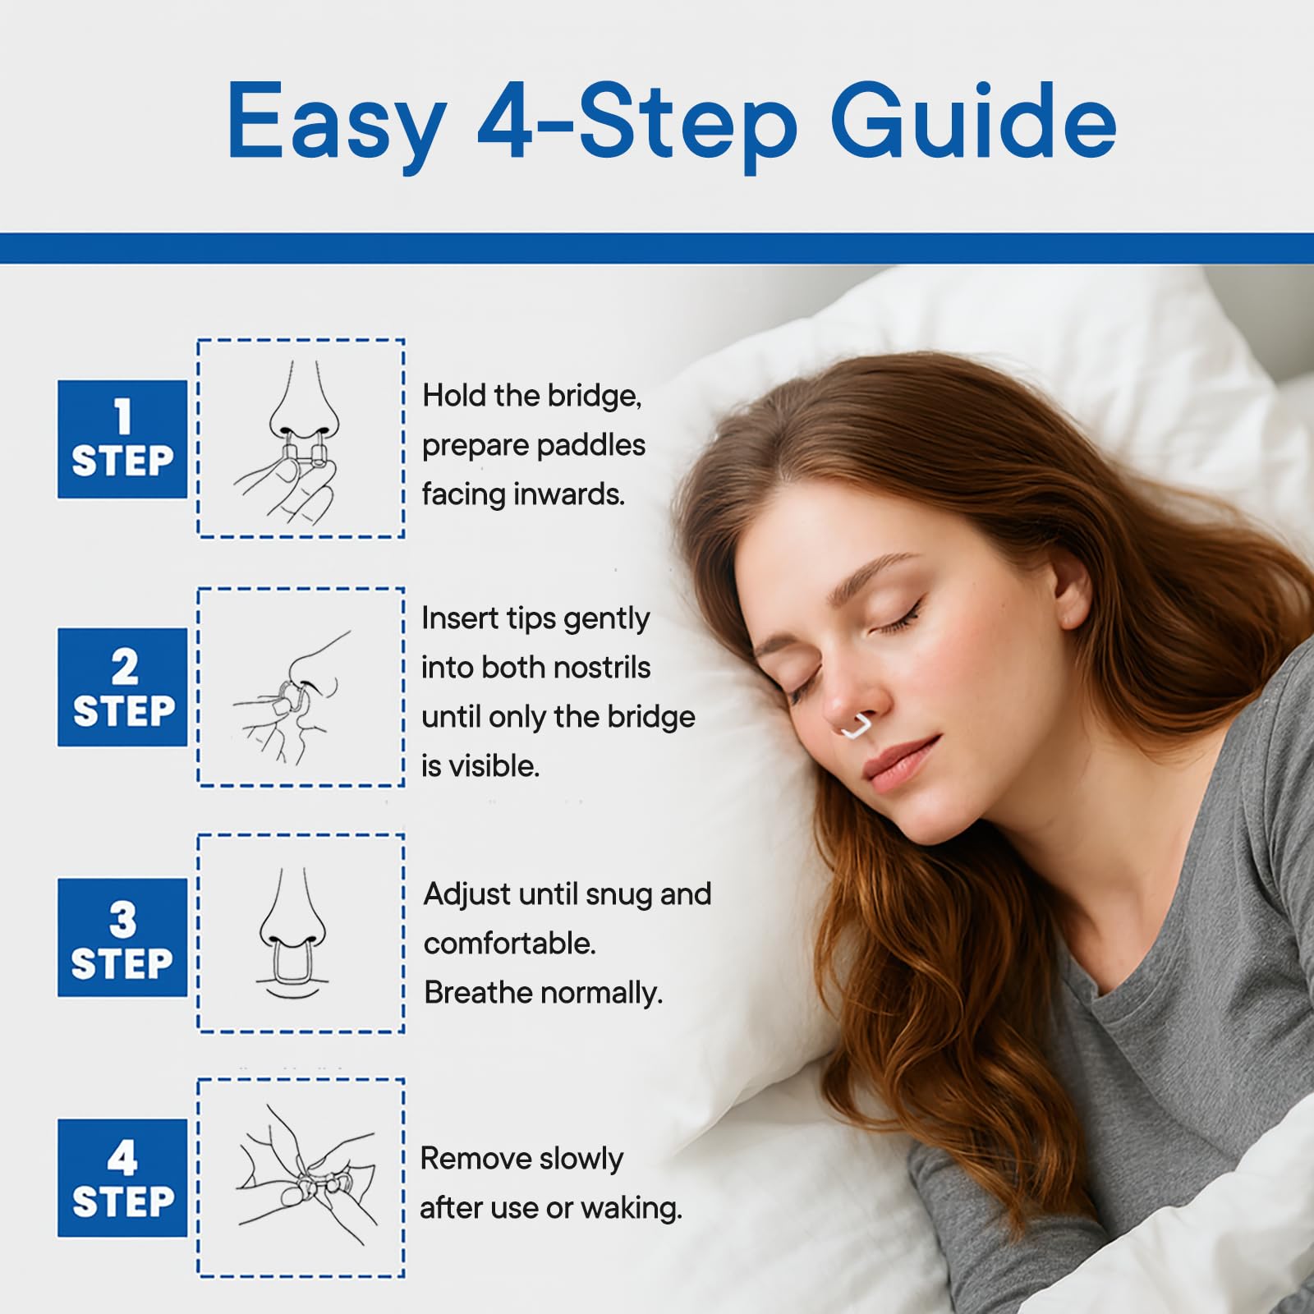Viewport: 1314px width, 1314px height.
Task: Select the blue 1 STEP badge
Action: (x=122, y=439)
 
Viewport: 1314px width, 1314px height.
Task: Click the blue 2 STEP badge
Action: (x=122, y=687)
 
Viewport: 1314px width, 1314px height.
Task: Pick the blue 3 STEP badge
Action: (x=122, y=938)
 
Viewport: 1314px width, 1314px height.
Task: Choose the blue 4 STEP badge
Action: (x=122, y=1178)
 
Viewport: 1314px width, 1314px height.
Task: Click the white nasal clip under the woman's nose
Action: (x=858, y=728)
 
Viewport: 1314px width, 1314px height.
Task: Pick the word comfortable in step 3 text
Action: (x=509, y=944)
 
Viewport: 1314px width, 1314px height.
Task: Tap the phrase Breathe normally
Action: (x=543, y=994)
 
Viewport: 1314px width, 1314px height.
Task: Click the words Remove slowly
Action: (x=521, y=1159)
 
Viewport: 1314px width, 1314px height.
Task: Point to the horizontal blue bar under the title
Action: (x=657, y=248)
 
